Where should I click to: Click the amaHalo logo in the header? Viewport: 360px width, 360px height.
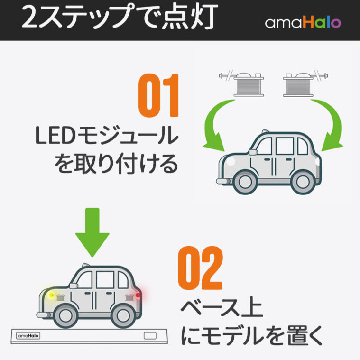(x=303, y=23)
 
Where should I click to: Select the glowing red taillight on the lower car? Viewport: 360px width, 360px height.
(x=138, y=295)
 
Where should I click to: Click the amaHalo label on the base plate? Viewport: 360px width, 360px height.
(x=29, y=335)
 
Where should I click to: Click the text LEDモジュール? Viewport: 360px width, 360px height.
(x=107, y=138)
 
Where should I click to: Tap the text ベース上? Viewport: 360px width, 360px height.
(x=222, y=309)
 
